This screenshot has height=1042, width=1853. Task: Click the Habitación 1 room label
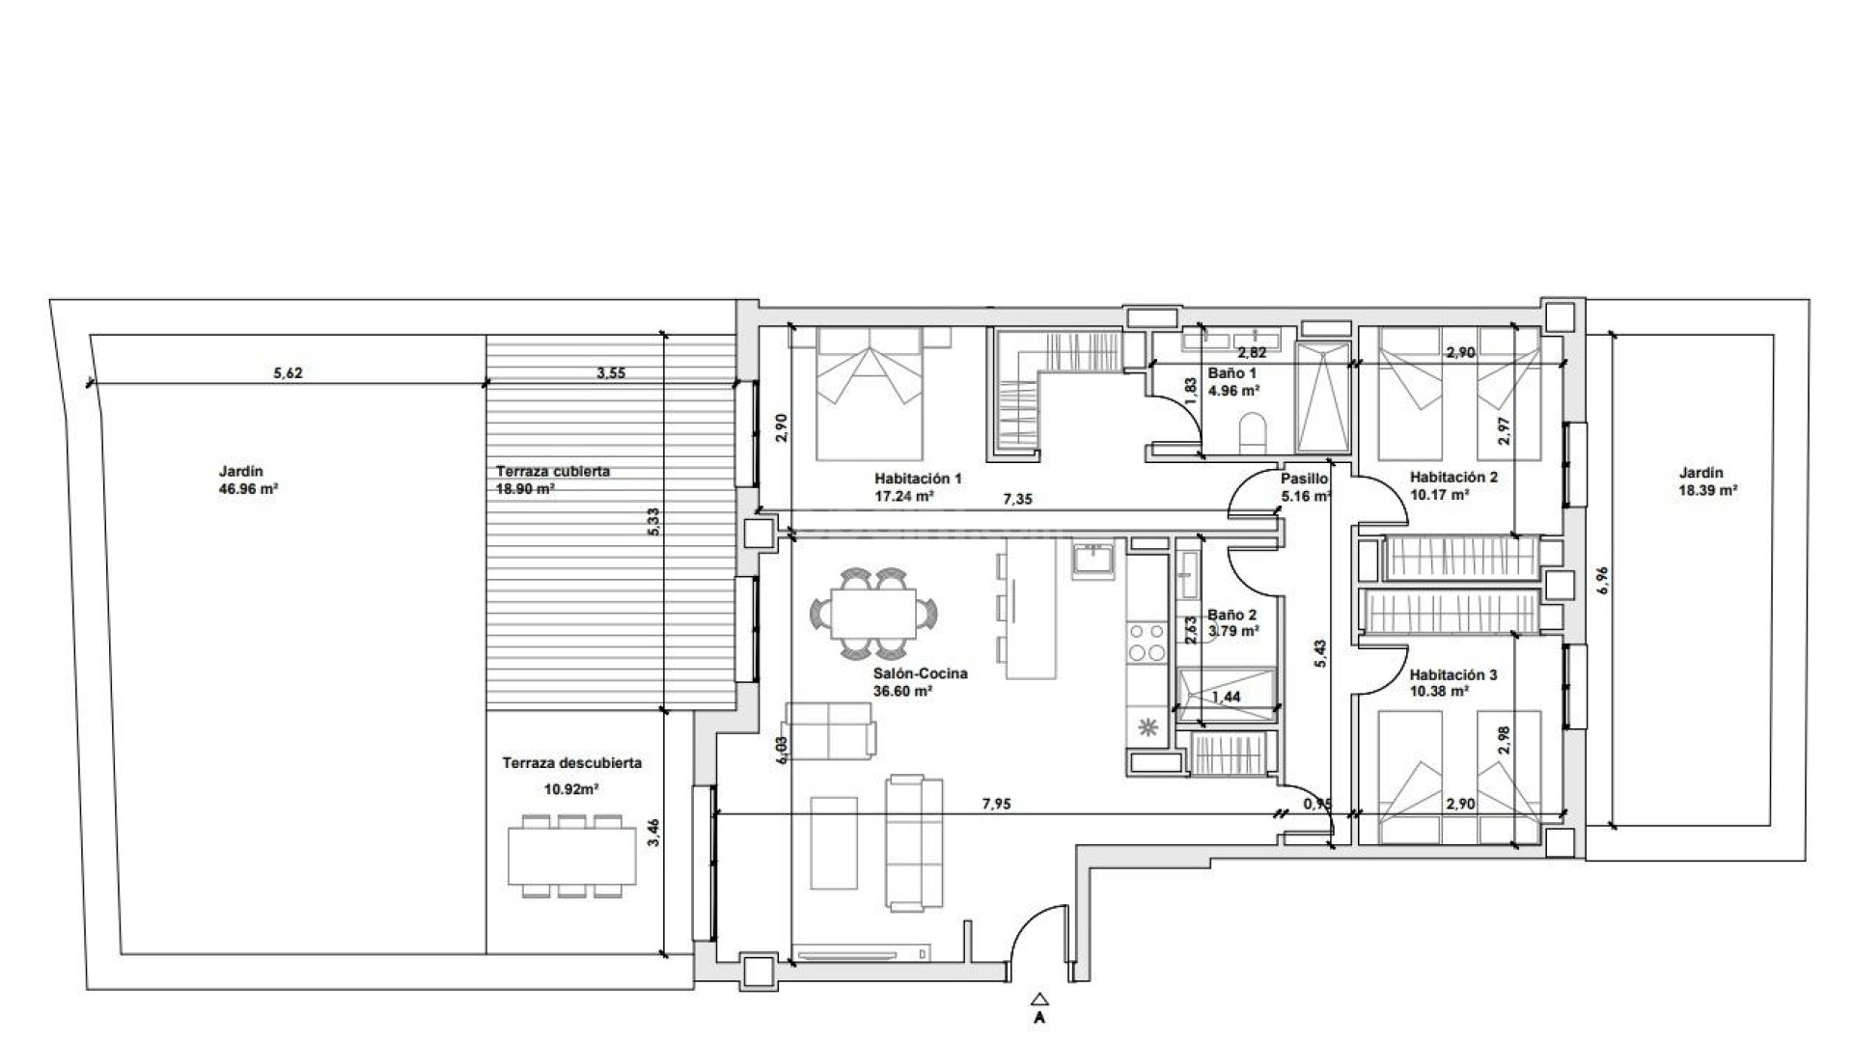coord(918,479)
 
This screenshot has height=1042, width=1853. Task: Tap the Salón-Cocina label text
coord(920,673)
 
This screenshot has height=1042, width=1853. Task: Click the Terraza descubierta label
coord(571,763)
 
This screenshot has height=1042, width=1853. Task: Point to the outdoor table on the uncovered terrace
coord(572,856)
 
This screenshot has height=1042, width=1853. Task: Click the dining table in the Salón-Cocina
coord(874,615)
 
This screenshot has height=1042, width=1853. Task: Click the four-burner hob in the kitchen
coord(1147,643)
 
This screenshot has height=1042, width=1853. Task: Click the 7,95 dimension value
coord(996,804)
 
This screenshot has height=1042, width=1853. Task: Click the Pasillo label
coord(1304,479)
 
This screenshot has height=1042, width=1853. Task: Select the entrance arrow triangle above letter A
coord(1038,1000)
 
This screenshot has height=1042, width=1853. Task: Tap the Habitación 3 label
coord(1452,675)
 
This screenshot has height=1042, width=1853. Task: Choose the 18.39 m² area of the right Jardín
coord(1708,490)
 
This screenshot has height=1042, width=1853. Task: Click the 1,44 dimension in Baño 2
coord(1226,697)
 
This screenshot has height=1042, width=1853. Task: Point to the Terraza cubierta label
coord(552,472)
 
